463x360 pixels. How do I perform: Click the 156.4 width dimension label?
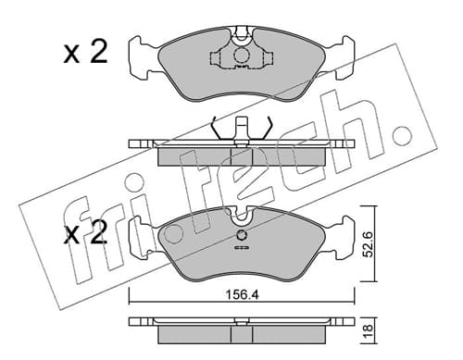[x=243, y=295]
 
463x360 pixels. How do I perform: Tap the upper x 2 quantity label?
[x=85, y=53]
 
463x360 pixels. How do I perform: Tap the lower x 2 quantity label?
[x=85, y=233]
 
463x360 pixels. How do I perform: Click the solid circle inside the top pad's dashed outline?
[x=242, y=56]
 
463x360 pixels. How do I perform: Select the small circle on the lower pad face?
[x=242, y=236]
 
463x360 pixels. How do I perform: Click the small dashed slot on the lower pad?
[x=242, y=247]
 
